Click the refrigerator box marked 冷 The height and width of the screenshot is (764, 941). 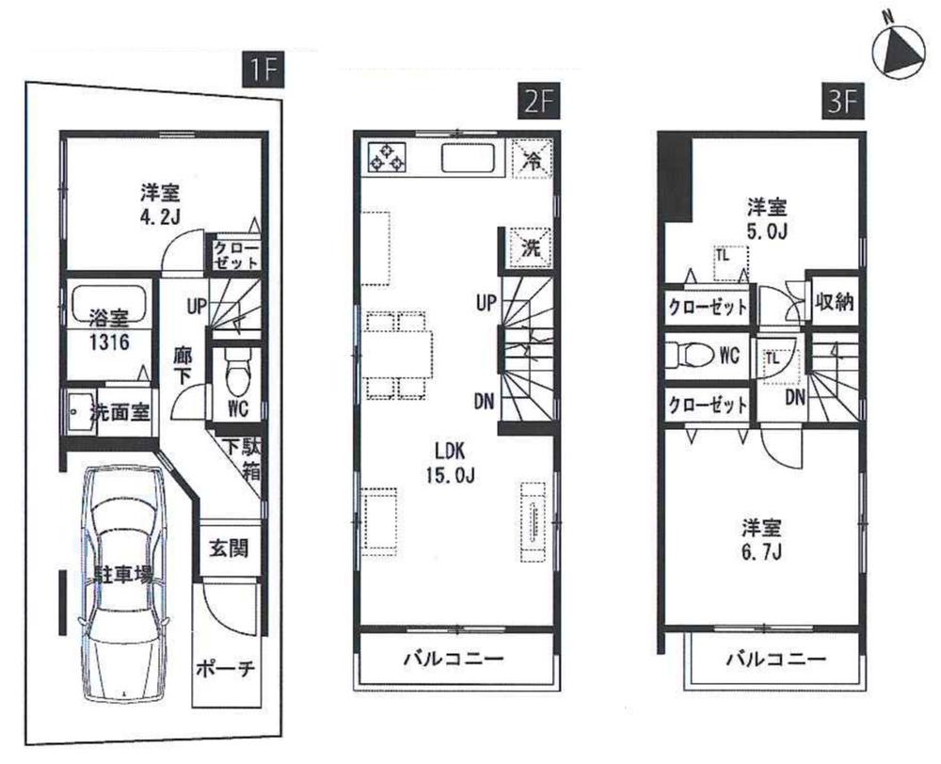point(531,157)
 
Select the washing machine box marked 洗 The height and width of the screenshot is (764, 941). point(531,248)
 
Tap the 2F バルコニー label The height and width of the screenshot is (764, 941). point(455,658)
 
